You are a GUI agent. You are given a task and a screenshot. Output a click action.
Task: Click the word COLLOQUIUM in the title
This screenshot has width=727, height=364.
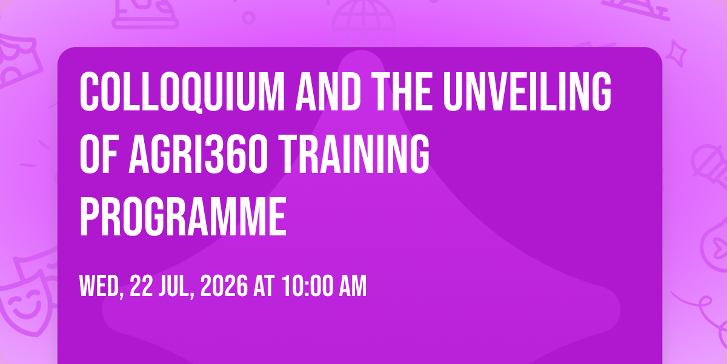182,92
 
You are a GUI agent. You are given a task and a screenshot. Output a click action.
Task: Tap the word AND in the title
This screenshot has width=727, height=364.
328,92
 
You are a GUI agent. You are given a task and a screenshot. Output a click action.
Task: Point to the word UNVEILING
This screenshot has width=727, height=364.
527,92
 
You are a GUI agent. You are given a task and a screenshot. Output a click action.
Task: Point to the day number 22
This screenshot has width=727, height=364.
141,286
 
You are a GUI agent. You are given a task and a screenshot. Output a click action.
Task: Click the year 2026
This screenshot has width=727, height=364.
224,286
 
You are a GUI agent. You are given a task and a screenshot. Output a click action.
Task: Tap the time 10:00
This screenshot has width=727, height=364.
307,286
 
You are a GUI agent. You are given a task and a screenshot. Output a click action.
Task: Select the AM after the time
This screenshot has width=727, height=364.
353,286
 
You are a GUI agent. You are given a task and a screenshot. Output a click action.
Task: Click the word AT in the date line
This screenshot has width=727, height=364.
264,286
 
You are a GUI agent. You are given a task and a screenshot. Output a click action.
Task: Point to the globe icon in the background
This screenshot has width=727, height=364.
363,23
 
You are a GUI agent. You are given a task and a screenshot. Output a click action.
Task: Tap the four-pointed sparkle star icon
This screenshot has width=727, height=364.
676,53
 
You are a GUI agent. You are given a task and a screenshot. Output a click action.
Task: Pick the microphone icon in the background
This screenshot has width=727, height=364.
709,169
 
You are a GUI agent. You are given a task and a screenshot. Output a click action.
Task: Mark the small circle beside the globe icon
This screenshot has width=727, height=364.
248,18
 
